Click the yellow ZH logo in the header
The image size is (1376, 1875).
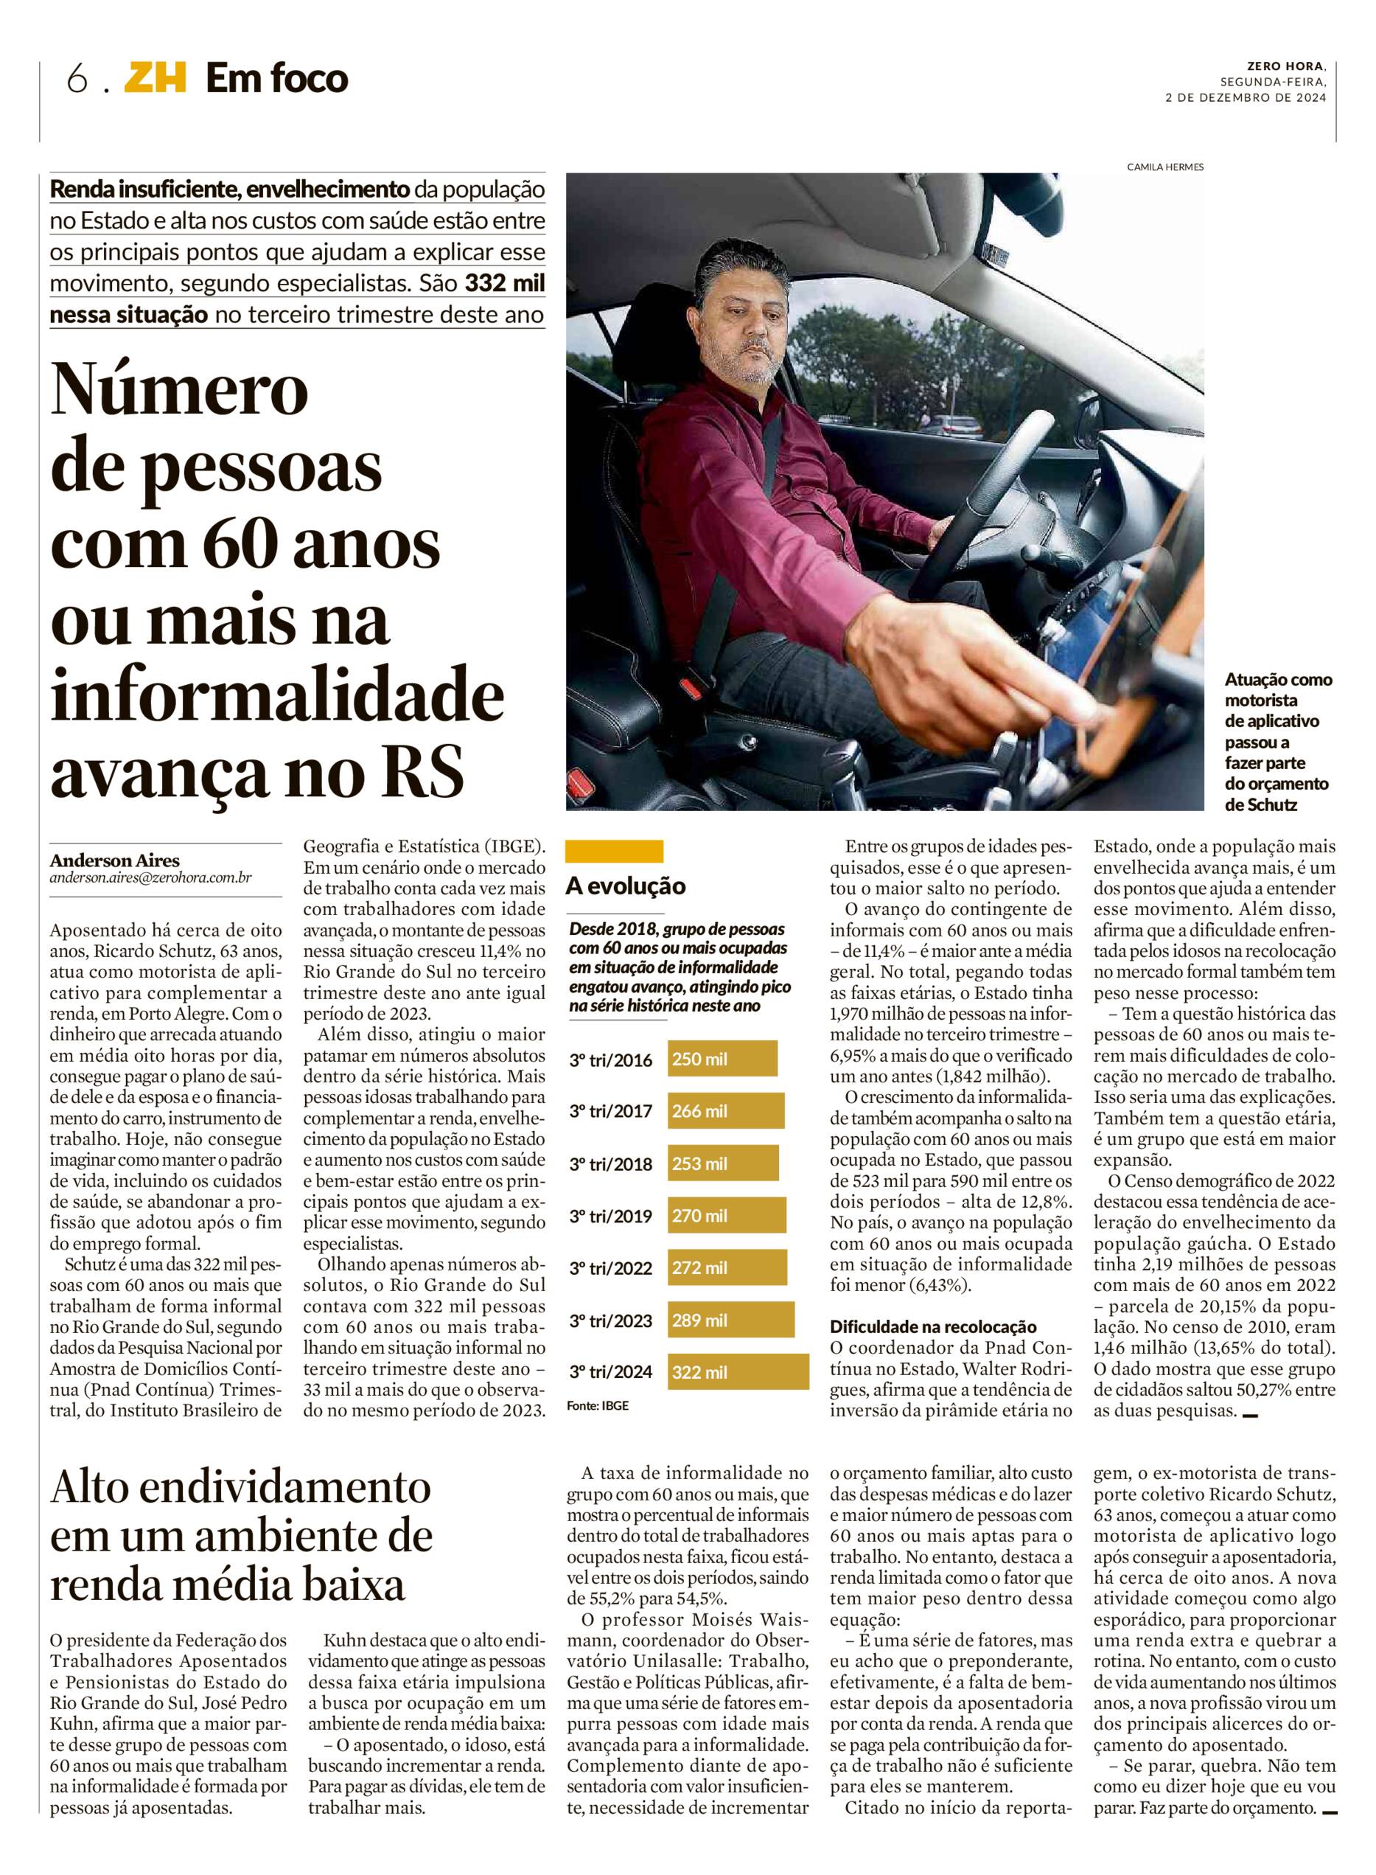coord(155,79)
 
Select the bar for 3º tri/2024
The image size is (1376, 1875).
coord(737,1371)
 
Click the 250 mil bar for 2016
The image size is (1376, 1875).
coord(722,1060)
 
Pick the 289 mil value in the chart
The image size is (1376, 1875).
coord(699,1320)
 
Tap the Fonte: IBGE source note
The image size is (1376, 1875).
coord(597,1406)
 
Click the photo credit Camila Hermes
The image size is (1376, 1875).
coord(1164,167)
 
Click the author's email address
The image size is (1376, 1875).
coord(150,877)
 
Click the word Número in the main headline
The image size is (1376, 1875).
coord(179,392)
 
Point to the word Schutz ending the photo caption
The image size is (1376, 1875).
coord(1274,804)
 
